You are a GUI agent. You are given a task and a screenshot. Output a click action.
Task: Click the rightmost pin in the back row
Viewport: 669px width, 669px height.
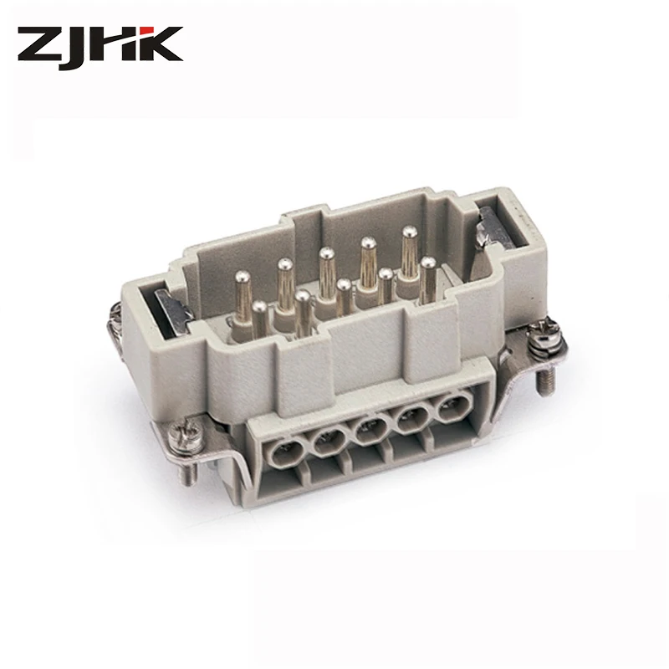coord(409,237)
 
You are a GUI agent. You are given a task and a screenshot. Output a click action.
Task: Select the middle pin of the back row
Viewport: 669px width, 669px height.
coord(324,255)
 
